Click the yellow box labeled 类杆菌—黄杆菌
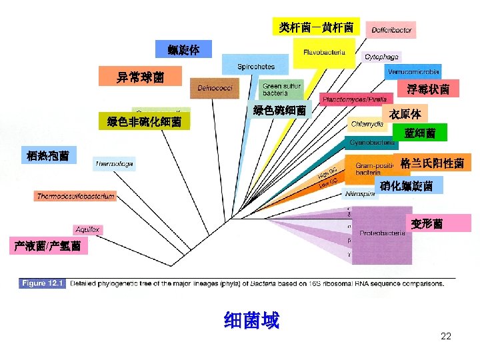316,27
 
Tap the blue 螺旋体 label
183,49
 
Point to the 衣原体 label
405,114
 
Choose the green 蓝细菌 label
420,133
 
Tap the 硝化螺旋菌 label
407,186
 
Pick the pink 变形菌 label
427,223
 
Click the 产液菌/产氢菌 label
48,246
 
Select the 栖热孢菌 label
49,156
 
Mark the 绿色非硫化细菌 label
144,121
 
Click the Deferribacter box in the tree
391,30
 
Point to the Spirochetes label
256,67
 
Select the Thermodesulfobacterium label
76,196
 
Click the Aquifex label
87,229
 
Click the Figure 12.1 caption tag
41,283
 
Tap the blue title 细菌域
251,321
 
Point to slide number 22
446,336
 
